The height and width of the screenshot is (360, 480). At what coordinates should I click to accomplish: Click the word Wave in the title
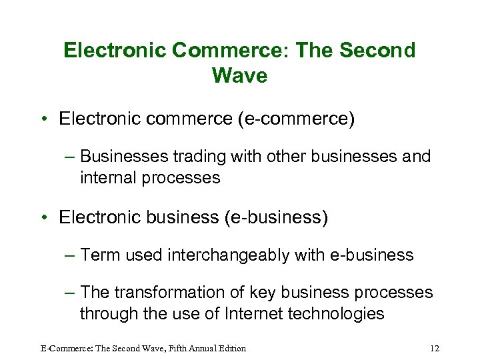239,75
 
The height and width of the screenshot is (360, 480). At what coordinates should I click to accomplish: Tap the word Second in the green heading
377,50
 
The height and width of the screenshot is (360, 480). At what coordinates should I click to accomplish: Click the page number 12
435,348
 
